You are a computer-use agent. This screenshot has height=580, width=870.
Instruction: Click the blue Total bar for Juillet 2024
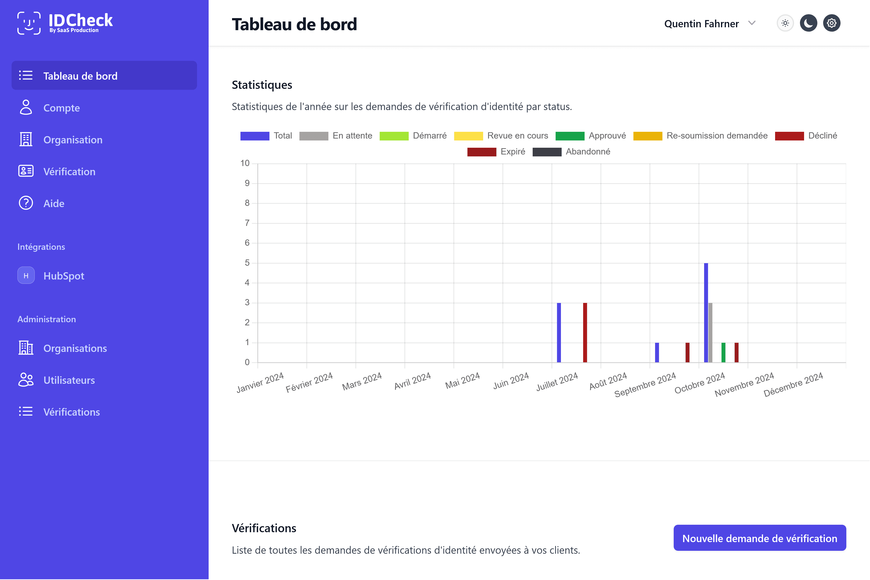pos(559,333)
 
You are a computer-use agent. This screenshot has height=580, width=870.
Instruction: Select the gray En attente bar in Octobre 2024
pos(710,333)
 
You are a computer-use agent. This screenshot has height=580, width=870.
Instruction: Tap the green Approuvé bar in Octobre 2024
pos(723,352)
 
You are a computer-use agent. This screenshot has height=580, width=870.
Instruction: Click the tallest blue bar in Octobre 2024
pos(706,313)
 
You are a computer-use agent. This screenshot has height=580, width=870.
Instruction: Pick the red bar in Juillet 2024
pos(585,333)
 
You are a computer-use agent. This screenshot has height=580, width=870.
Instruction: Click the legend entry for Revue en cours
pos(501,136)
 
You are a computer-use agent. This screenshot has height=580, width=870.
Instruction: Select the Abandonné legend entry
pos(571,152)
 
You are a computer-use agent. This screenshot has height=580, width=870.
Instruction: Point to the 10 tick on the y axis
pos(245,163)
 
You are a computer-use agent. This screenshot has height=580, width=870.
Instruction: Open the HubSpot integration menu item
pos(64,276)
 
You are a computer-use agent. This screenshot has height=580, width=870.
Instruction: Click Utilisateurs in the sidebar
pos(69,380)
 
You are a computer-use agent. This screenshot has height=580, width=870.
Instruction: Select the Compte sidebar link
pos(61,108)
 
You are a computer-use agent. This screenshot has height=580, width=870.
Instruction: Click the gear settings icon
pos(832,23)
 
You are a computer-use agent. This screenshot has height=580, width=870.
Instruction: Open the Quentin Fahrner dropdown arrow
pos(752,23)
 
